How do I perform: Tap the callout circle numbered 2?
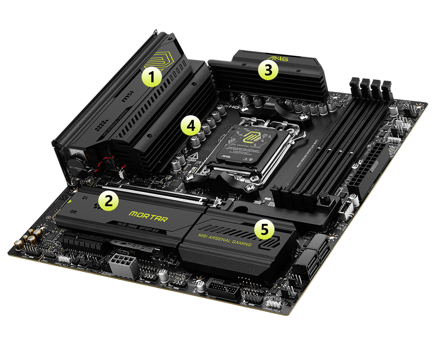pyautogui.click(x=108, y=201)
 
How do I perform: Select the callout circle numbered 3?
pyautogui.click(x=268, y=70)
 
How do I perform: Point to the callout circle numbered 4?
pyautogui.click(x=191, y=126)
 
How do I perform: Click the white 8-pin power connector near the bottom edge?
pyautogui.click(x=124, y=263)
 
